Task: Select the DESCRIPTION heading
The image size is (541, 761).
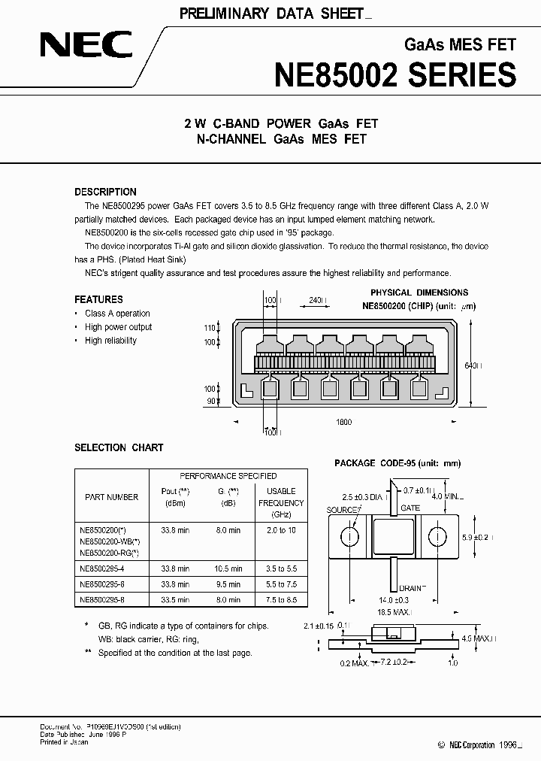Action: [x=105, y=192]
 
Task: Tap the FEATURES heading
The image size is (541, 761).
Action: [x=98, y=299]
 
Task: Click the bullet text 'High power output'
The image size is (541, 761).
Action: [x=118, y=327]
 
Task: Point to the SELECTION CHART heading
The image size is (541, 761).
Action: [x=119, y=447]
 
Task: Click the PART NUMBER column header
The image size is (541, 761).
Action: [x=112, y=497]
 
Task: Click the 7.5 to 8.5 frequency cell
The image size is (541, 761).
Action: [x=282, y=599]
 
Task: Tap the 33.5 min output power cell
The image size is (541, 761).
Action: [x=174, y=599]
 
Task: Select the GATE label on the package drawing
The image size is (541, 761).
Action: [x=410, y=508]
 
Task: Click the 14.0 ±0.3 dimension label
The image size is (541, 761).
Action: [x=393, y=600]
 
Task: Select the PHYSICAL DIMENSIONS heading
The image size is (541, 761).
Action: [x=419, y=293]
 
